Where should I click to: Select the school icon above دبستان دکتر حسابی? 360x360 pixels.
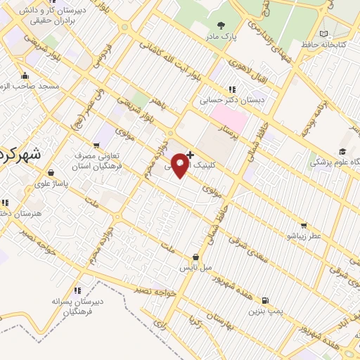pyautogui.click(x=231, y=89)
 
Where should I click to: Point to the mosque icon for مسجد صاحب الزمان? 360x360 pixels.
pyautogui.click(x=25, y=75)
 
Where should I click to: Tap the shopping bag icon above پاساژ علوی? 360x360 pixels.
pyautogui.click(x=51, y=173)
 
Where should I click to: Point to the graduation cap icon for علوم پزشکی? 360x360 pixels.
pyautogui.click(x=342, y=152)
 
